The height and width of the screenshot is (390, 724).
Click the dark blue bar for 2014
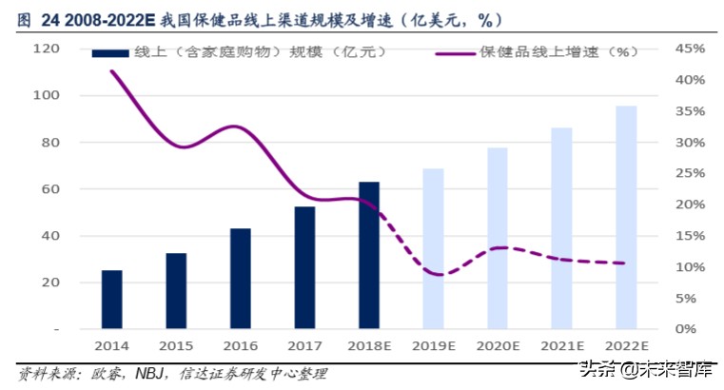[x=112, y=300]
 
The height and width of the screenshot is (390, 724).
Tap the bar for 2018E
[x=369, y=255]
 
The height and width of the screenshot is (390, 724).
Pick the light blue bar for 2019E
[x=434, y=249]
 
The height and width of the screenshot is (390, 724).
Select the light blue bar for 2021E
[x=562, y=228]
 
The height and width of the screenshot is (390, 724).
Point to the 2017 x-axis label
[x=304, y=347]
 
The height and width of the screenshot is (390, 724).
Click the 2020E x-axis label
[x=498, y=347]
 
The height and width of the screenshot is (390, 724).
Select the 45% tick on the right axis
[x=689, y=49]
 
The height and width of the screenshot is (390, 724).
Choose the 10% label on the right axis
[x=689, y=267]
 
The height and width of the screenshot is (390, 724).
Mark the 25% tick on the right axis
[x=689, y=174]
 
